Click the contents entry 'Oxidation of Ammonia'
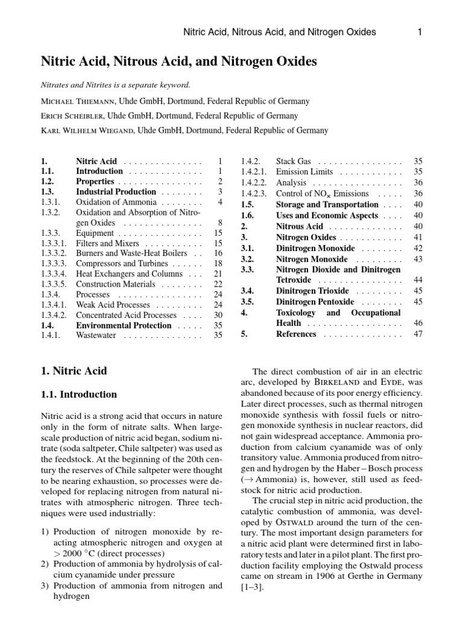[x=116, y=202]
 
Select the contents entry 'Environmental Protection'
[x=124, y=325]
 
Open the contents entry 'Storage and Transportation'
[x=327, y=205]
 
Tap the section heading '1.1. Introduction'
[x=78, y=395]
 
